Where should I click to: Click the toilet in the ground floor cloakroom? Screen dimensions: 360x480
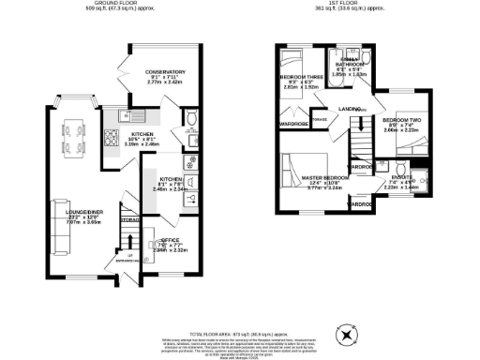pos(191,118)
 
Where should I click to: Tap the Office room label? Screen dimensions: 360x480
pos(158,244)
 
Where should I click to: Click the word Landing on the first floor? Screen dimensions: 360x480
pos(352,109)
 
